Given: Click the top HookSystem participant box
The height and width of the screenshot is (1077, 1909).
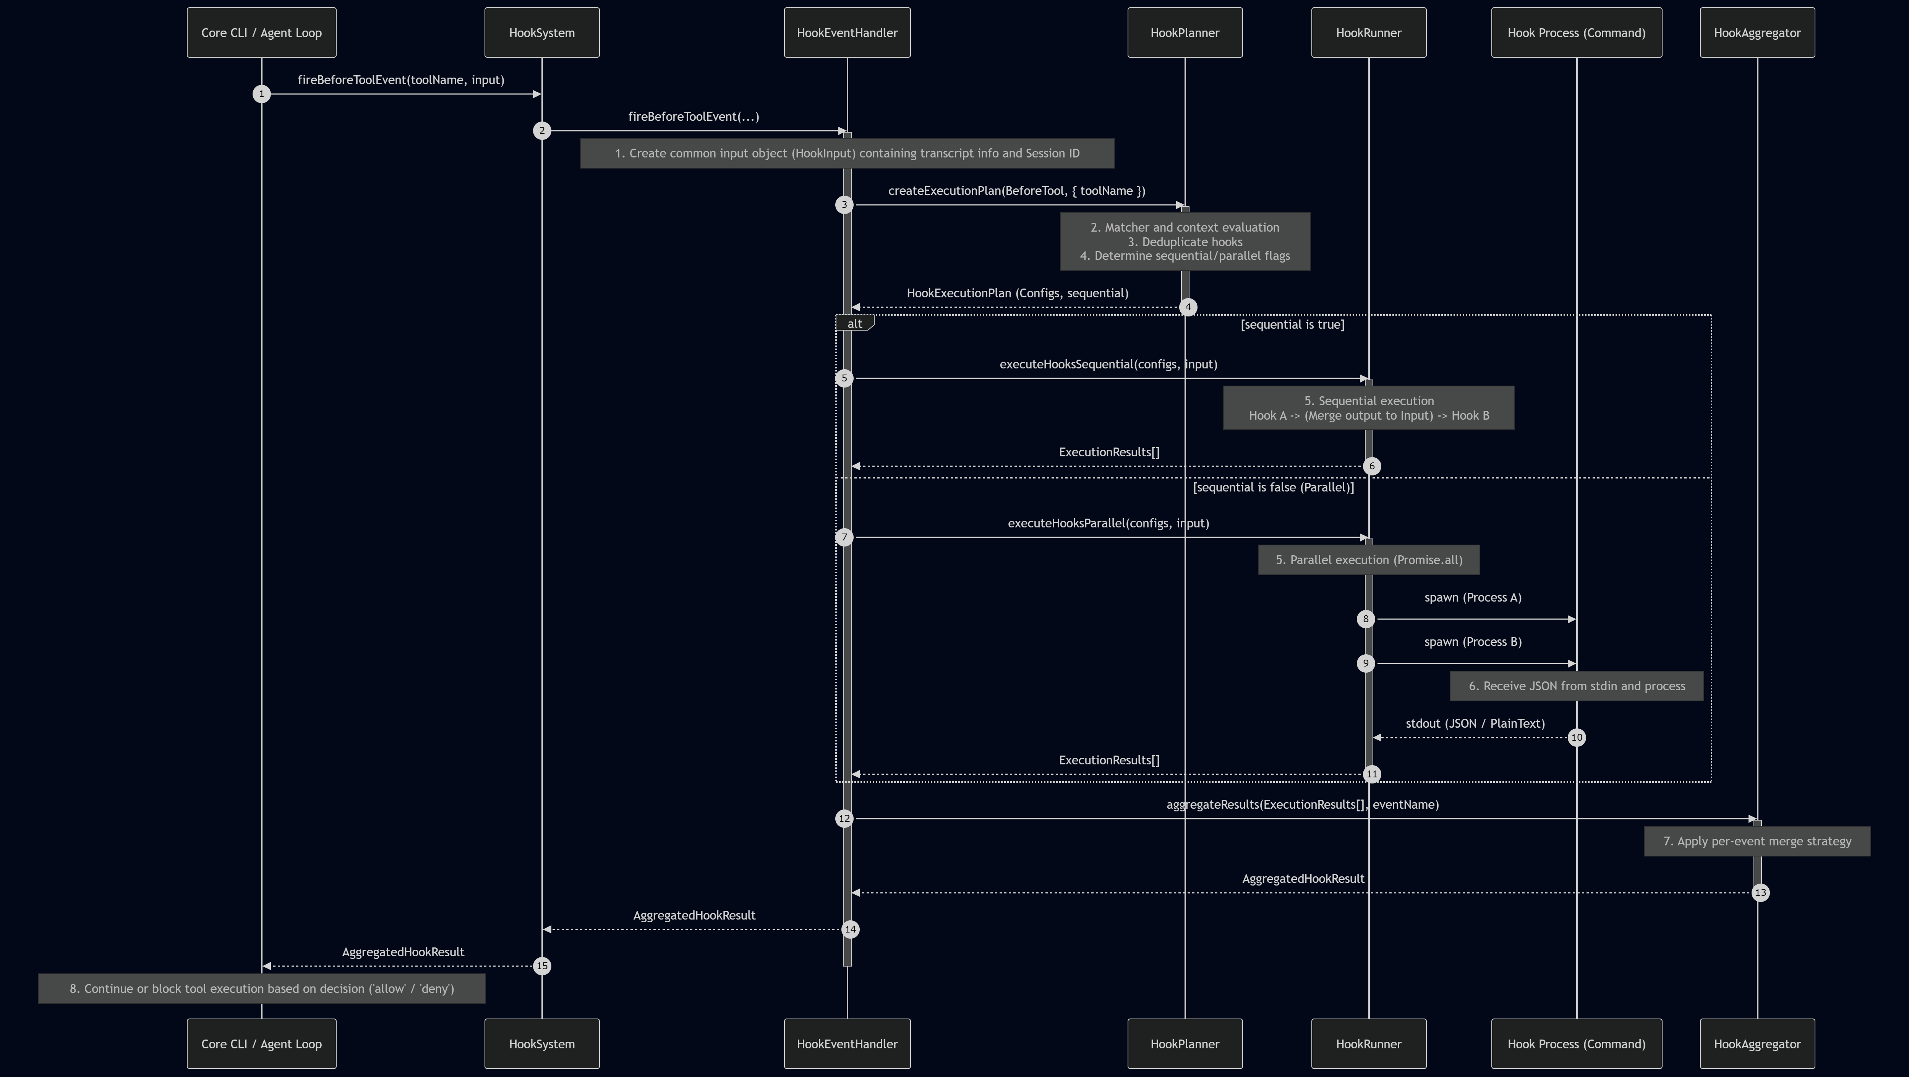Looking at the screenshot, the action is pos(542,32).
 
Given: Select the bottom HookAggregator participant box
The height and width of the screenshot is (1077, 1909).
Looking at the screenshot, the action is pos(1757,1044).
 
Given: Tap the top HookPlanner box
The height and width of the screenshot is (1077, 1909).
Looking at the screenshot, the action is pos(1185,32).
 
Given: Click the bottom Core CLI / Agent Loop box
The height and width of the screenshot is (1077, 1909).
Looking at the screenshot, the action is pos(262,1044).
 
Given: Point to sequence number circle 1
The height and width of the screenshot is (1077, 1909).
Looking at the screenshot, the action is pos(262,94).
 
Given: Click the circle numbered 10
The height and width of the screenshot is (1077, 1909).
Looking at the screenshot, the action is pos(1576,738).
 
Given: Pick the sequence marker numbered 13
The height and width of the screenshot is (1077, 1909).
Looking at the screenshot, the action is pos(1760,892).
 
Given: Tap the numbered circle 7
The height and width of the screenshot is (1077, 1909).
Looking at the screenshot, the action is pos(844,537).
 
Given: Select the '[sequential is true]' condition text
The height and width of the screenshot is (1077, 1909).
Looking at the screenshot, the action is pos(1292,324).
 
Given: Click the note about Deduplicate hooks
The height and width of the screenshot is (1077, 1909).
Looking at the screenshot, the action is pos(1185,242).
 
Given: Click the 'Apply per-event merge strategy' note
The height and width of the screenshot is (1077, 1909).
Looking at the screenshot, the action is pos(1757,841).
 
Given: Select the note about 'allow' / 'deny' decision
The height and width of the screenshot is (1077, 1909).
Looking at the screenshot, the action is pos(262,989).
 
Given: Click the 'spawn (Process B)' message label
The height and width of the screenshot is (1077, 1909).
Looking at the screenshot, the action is pos(1473,642).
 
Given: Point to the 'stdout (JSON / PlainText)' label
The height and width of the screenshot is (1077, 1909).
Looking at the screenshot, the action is pos(1475,723).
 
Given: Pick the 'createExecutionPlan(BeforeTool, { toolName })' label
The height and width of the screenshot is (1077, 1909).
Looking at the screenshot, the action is pos(1017,191).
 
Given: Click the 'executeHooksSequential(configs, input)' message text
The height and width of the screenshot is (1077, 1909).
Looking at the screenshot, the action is pos(1108,365).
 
